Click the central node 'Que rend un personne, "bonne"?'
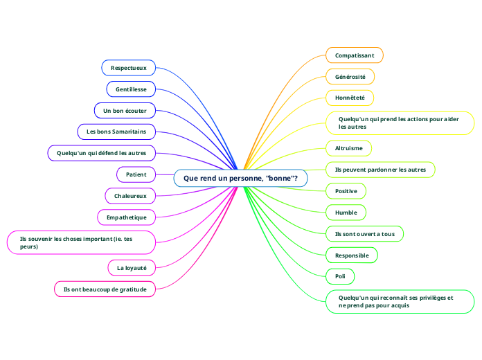pyautogui.click(x=240, y=178)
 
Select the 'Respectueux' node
pyautogui.click(x=128, y=68)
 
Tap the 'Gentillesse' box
pyautogui.click(x=131, y=89)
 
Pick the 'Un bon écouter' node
pyautogui.click(x=125, y=110)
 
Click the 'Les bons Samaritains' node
pyautogui.click(x=116, y=132)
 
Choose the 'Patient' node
pyautogui.click(x=136, y=174)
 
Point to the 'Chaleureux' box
pyautogui.click(x=130, y=196)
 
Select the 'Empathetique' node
pyautogui.click(x=131, y=217)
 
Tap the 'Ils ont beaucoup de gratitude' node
pyautogui.click(x=105, y=289)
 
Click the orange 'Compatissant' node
pyautogui.click(x=354, y=55)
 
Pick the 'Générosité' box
pyautogui.click(x=350, y=76)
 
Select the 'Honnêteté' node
pyautogui.click(x=350, y=98)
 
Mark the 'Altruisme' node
pyautogui.click(x=348, y=148)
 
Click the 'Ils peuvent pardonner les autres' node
pyautogui.click(x=380, y=170)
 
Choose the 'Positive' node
pyautogui.click(x=346, y=191)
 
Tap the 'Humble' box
pyautogui.click(x=346, y=213)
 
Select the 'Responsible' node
pyautogui.click(x=352, y=255)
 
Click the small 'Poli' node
pyautogui.click(x=340, y=277)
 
